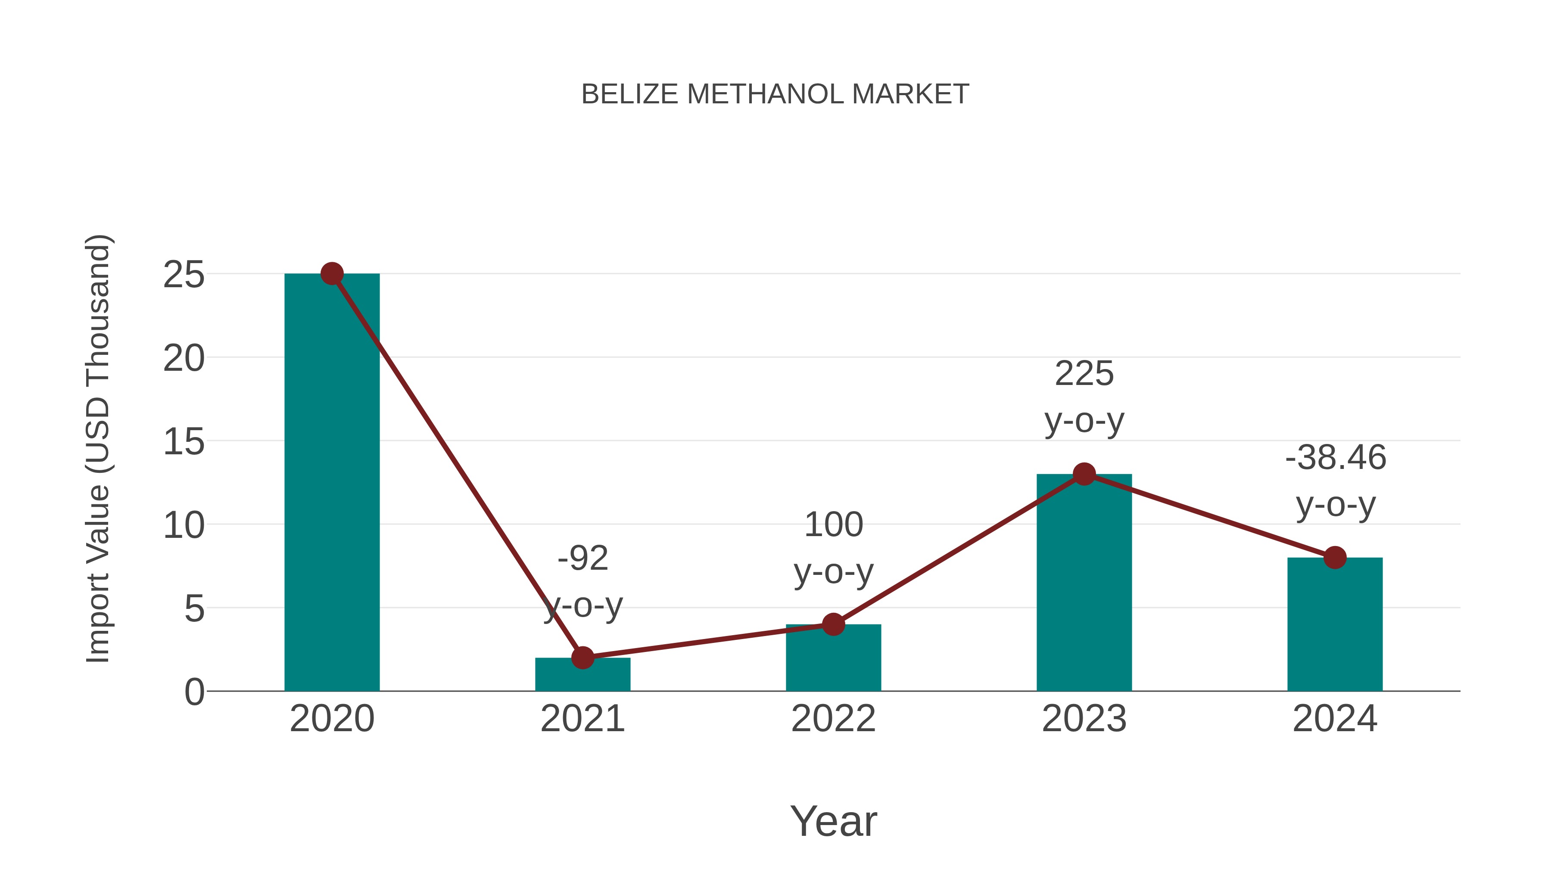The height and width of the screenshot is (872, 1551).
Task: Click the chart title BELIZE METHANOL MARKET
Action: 775,94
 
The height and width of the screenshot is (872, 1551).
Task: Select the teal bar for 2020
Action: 332,481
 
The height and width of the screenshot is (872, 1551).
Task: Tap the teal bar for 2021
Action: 582,677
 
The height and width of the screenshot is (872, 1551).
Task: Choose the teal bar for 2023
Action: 1084,584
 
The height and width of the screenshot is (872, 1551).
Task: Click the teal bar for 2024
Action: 1335,626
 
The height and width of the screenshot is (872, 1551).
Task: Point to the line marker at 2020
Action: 332,274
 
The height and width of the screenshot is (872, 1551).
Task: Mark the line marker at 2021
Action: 582,658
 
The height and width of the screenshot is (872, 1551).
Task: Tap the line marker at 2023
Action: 1084,474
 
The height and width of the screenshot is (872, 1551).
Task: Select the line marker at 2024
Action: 1335,558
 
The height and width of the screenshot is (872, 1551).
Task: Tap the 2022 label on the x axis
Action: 833,719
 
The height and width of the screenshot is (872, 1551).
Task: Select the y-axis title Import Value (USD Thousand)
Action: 97,448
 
